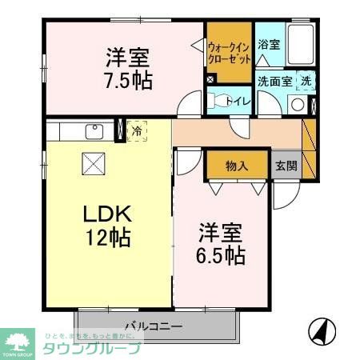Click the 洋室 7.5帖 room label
click(x=127, y=70)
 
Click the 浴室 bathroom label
click(x=269, y=46)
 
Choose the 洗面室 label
click(x=273, y=82)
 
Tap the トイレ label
click(x=241, y=101)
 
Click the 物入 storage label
click(x=236, y=166)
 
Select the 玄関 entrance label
click(x=286, y=166)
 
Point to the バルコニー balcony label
click(x=154, y=326)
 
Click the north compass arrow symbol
click(x=320, y=330)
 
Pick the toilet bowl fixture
click(x=217, y=101)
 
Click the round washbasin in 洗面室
click(x=297, y=104)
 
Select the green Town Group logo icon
click(x=17, y=340)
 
